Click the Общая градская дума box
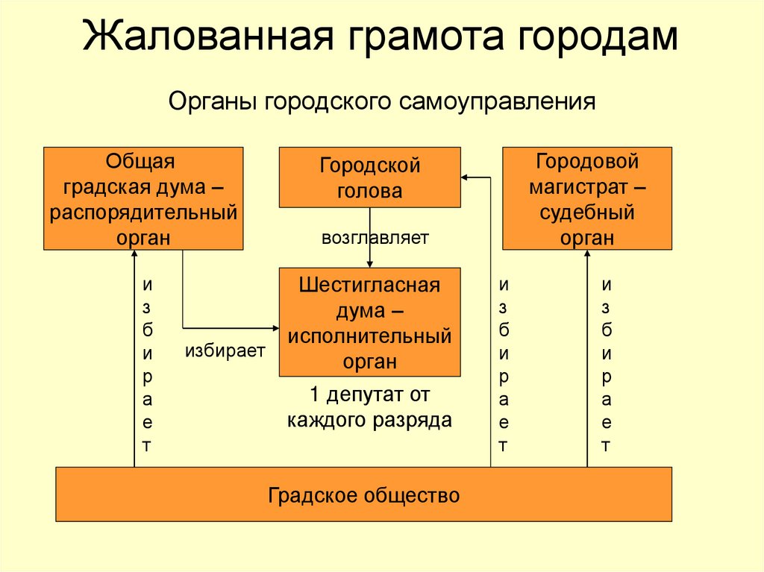(144, 198)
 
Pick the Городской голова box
(370, 177)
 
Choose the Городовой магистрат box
(587, 198)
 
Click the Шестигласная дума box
(370, 322)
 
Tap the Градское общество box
(364, 494)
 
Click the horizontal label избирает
(225, 351)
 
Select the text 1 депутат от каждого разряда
(370, 406)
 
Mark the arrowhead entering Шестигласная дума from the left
(275, 327)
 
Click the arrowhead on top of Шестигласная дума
(370, 263)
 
